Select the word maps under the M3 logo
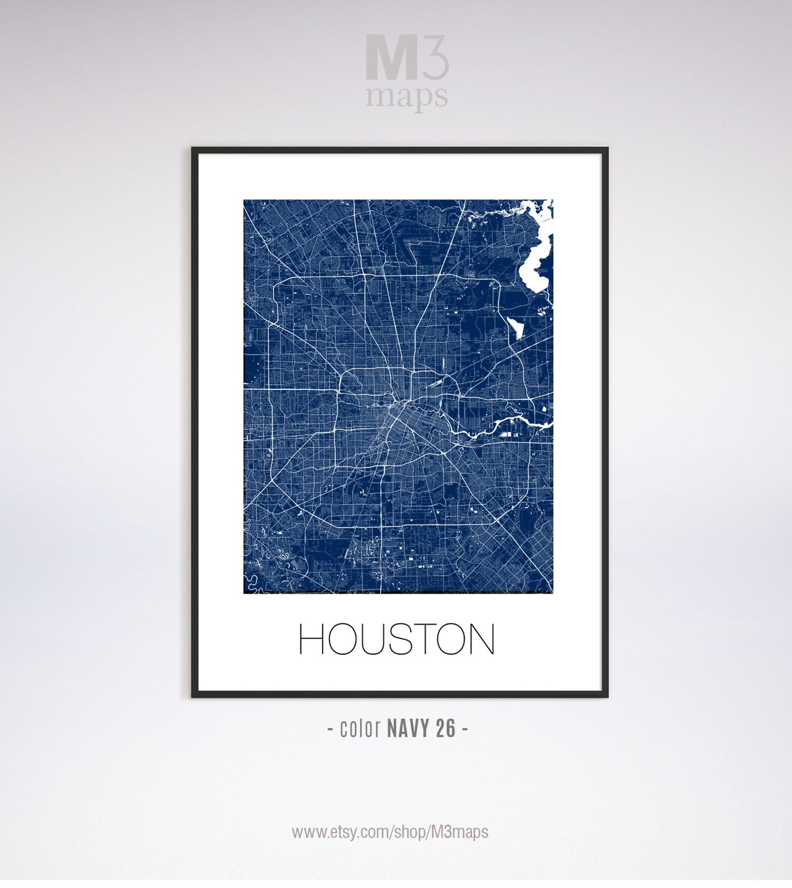406,97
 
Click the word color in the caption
360,729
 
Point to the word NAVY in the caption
407,729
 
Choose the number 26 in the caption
445,729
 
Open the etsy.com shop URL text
390,832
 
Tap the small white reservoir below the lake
514,327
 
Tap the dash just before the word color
331,730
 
